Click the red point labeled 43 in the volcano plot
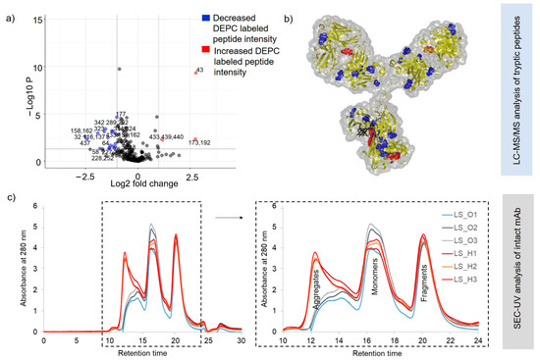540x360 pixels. [195, 73]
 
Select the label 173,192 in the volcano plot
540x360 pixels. [198, 143]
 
